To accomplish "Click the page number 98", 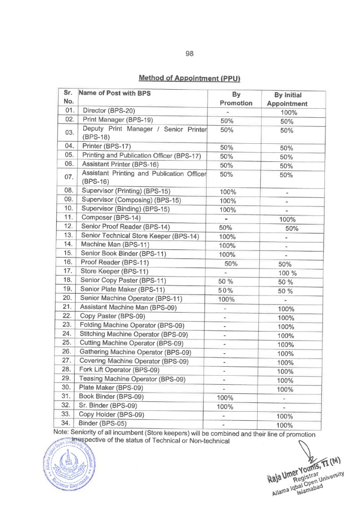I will click(x=190, y=54).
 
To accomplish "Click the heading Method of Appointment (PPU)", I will click(x=190, y=78).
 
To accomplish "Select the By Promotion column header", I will click(x=236, y=99).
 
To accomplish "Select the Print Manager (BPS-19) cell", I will click(x=117, y=120).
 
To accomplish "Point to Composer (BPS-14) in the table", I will click(x=111, y=218).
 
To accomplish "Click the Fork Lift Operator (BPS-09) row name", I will click(x=119, y=370).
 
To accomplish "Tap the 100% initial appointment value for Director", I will click(x=289, y=113).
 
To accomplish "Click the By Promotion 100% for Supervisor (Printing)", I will click(x=228, y=192).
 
